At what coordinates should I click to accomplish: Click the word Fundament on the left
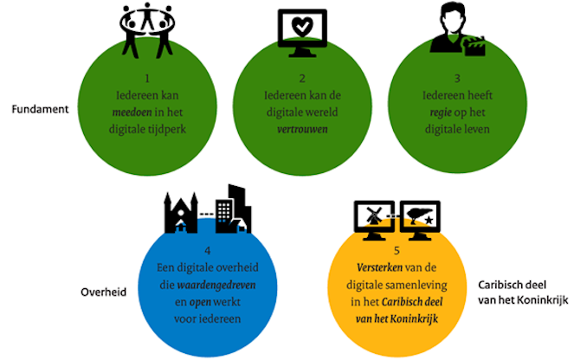[40, 112]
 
